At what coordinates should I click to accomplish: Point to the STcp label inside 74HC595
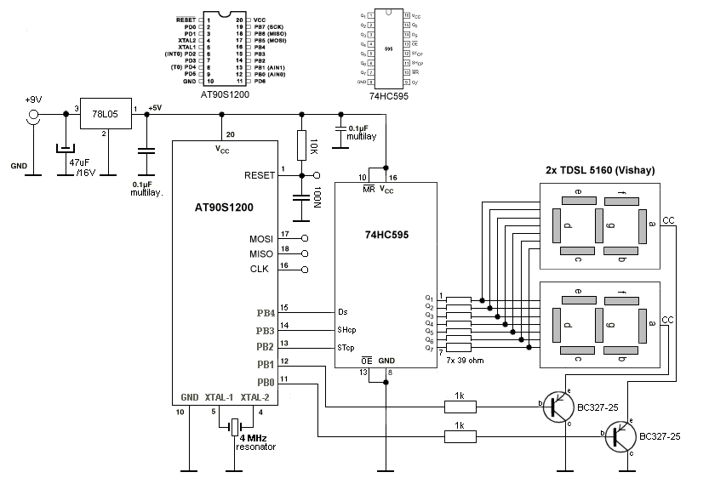346,347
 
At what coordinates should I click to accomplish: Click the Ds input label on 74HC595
342,311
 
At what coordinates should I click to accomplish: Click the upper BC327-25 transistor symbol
559,405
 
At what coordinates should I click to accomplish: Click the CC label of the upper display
668,221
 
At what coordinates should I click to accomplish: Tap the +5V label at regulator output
155,107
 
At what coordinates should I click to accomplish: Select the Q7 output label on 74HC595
429,349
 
